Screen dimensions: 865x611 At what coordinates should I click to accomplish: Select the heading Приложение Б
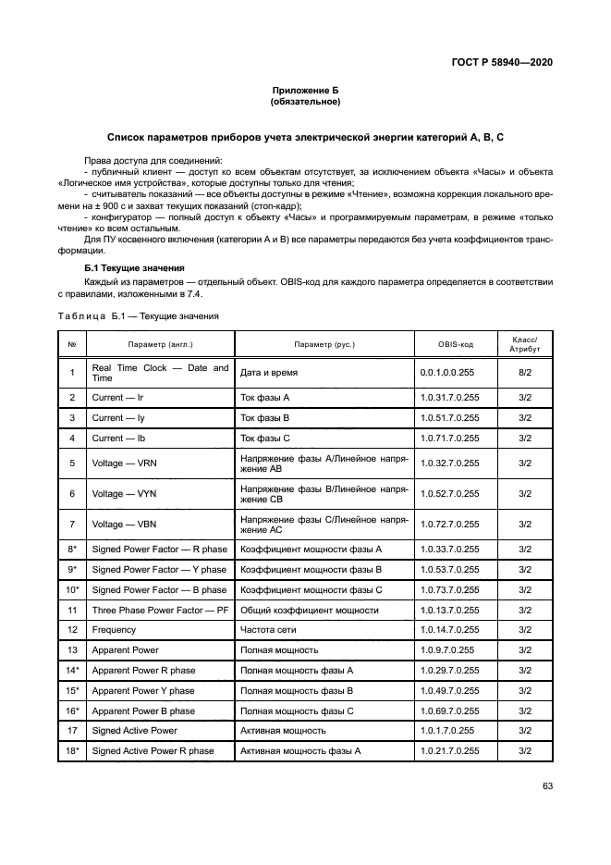(x=305, y=89)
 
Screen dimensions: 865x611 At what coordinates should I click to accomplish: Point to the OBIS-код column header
(x=455, y=344)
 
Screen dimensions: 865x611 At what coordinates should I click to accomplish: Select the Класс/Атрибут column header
(x=524, y=344)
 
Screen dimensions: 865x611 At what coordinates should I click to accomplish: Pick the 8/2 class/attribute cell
(x=524, y=373)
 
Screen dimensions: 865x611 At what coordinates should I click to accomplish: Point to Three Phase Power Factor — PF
(x=159, y=610)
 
